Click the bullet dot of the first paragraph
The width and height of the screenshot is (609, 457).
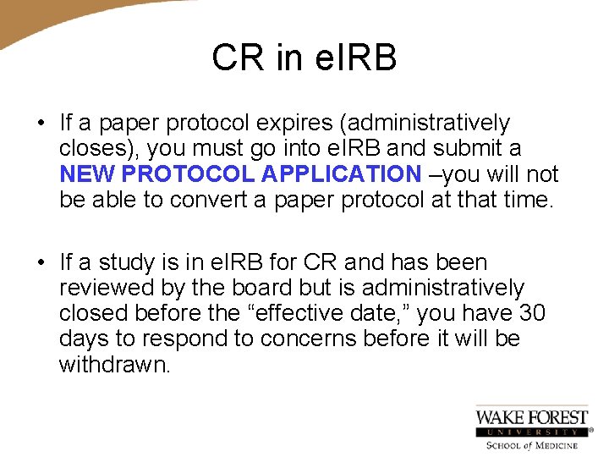pos(41,124)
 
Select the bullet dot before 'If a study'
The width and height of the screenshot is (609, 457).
pos(41,263)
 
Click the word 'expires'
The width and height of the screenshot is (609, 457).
pos(290,124)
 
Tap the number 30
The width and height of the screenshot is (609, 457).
pos(531,314)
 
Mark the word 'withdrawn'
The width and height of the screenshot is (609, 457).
pos(114,365)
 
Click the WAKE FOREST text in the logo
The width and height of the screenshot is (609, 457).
pos(531,416)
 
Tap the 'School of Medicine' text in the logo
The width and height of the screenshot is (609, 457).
pos(531,445)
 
